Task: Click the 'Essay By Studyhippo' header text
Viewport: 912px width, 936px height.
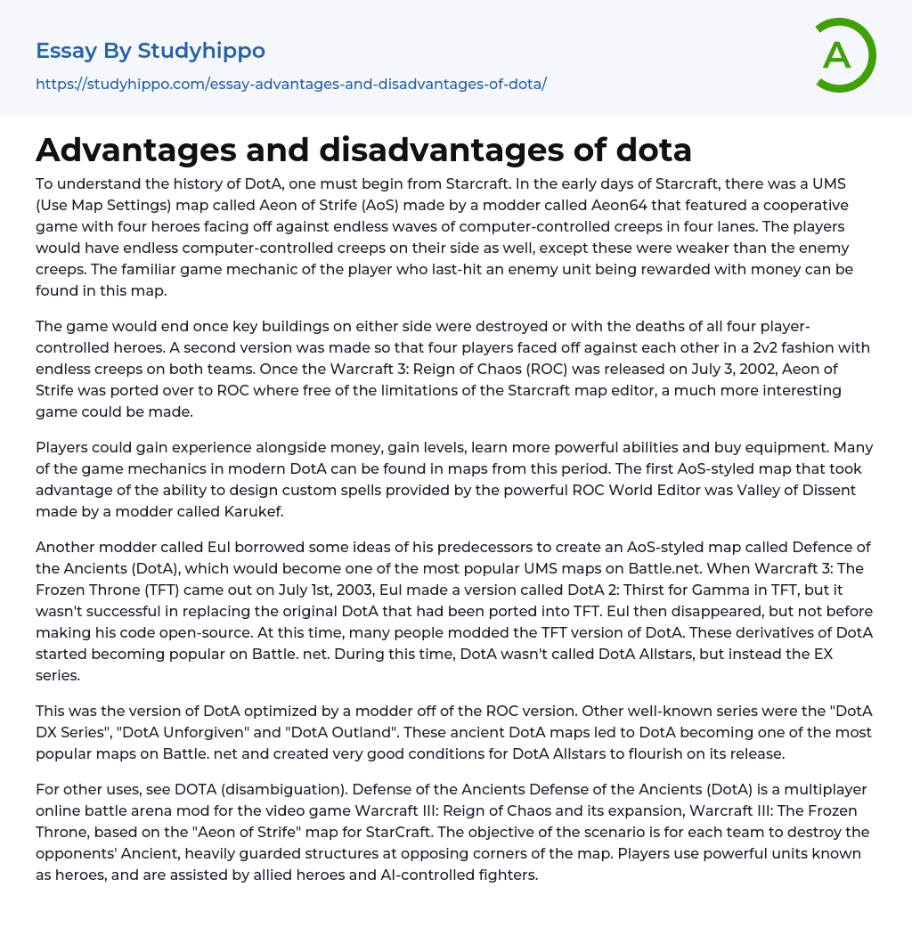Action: point(151,51)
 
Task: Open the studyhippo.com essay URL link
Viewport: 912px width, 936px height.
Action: point(291,84)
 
